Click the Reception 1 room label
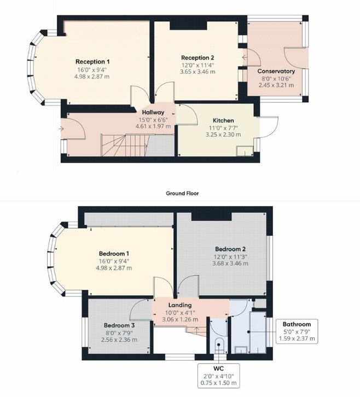point(92,62)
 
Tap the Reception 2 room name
point(198,58)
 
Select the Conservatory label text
point(276,71)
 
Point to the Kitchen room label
point(223,120)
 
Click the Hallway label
point(153,112)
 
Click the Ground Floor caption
point(182,193)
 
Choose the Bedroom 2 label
point(230,249)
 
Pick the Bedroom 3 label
point(119,325)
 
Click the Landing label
point(180,305)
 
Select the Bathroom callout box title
point(297,324)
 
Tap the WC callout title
point(219,369)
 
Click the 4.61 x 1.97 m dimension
point(153,126)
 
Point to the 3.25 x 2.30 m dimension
point(223,135)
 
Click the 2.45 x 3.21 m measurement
point(276,85)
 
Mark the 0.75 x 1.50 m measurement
point(219,383)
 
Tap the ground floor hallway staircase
point(125,145)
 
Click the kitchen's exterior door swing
point(269,127)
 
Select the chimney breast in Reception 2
point(188,26)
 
